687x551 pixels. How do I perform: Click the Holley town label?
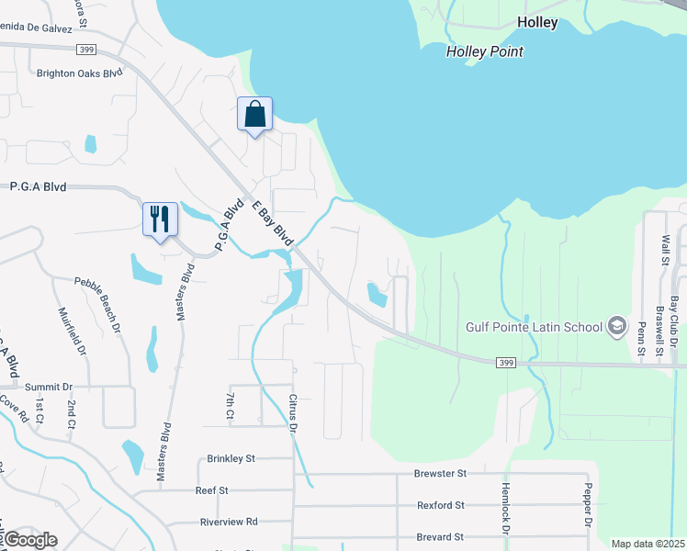(537, 23)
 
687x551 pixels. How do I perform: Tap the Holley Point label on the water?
(484, 51)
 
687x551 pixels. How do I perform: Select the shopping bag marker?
(255, 116)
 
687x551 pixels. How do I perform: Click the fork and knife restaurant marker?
(160, 220)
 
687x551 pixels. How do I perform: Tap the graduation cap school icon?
(617, 326)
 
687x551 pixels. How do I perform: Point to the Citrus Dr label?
(294, 415)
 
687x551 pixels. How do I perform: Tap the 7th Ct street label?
(230, 407)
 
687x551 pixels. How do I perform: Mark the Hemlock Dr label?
(504, 509)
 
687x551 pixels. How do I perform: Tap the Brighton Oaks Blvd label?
(79, 73)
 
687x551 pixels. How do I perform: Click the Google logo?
(30, 540)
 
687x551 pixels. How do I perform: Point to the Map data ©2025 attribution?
(648, 544)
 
